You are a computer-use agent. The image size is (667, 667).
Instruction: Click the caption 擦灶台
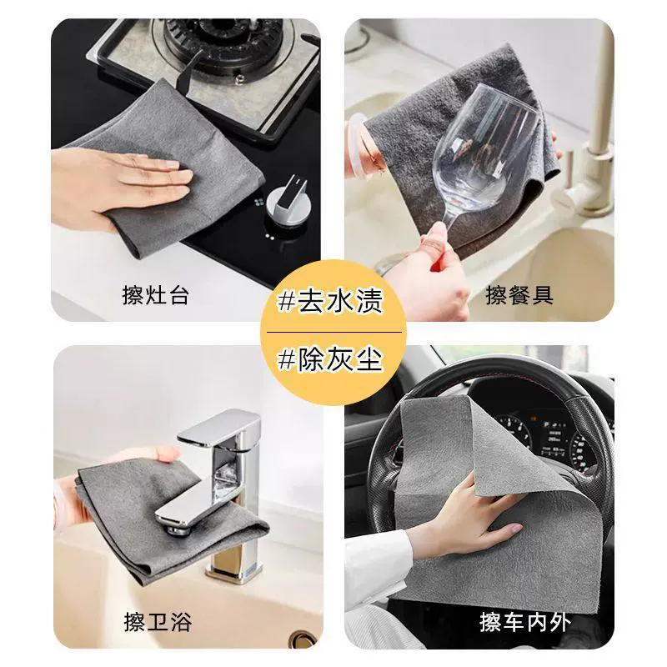tap(155, 294)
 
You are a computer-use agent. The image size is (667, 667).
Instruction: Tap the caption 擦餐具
tap(519, 294)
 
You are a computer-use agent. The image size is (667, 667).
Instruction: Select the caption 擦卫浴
tap(158, 621)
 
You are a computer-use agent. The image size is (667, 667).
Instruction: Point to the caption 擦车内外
tap(525, 621)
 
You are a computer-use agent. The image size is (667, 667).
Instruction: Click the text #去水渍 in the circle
tap(330, 300)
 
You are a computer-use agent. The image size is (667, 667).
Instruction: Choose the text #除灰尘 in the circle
tap(330, 359)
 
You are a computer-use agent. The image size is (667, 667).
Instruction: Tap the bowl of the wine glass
tap(485, 150)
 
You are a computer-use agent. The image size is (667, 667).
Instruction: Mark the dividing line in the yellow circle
tap(334, 331)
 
